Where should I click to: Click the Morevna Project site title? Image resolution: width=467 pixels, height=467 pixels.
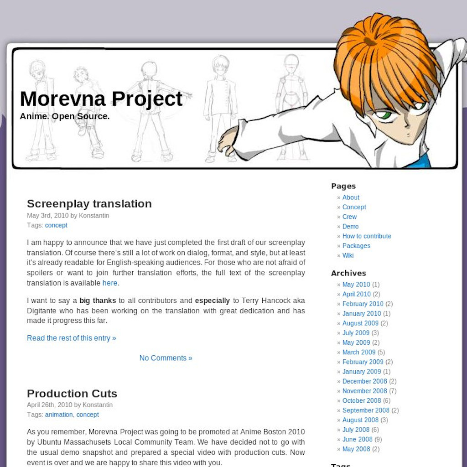tap(101, 99)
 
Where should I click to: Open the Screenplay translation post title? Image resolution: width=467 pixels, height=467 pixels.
tap(89, 204)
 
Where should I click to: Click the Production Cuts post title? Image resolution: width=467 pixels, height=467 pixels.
tap(72, 394)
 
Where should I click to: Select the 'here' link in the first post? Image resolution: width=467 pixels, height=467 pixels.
tap(110, 283)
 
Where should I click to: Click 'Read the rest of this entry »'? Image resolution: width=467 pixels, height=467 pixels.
tap(71, 338)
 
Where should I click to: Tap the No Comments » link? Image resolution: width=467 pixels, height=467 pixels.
tap(166, 358)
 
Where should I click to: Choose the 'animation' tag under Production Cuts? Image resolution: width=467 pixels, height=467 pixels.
tap(59, 415)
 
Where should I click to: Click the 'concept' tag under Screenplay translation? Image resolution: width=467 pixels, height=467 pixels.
tap(56, 225)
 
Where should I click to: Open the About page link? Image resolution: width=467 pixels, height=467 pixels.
tap(351, 197)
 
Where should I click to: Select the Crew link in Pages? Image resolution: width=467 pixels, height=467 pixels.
tap(349, 217)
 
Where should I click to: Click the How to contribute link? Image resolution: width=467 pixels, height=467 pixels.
tap(367, 236)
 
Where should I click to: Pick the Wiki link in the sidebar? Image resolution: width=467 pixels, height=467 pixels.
tap(348, 255)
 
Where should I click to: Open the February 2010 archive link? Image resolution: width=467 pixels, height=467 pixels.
tap(363, 304)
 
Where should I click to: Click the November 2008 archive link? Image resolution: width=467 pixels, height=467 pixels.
tap(364, 391)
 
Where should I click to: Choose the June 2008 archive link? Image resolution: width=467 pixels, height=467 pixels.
tap(357, 439)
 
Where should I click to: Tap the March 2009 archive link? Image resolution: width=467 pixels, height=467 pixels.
tap(359, 352)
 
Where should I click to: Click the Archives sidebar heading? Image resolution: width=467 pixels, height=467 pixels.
tap(348, 273)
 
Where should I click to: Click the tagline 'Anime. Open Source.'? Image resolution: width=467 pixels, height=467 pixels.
tap(65, 116)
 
